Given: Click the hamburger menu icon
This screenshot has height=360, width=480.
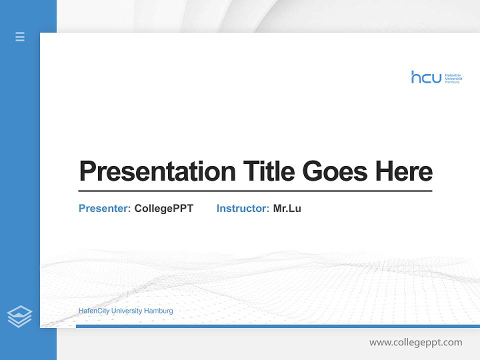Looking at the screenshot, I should tap(20, 36).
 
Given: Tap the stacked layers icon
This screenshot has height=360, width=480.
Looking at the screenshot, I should tap(19, 316).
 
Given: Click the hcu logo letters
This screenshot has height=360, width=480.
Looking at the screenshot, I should tap(426, 77).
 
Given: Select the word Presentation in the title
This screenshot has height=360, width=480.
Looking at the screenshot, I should tap(157, 171).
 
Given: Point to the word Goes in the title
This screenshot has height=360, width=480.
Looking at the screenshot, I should tap(335, 171).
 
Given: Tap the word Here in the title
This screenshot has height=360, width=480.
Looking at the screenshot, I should tap(404, 171).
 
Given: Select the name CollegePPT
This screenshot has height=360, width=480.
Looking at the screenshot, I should tap(163, 208).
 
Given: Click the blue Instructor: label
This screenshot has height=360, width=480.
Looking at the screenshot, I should tap(242, 208).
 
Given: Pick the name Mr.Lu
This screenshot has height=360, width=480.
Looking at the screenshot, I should tap(287, 208).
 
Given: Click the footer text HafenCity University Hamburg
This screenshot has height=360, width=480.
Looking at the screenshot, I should tap(125, 311).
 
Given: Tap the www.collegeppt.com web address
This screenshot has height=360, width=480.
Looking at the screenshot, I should tap(415, 342).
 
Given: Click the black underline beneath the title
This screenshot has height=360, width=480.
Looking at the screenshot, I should tap(255, 190).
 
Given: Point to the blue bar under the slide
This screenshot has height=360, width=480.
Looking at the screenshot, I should tap(277, 326).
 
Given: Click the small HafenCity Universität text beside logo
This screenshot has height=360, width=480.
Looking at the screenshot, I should tap(453, 78).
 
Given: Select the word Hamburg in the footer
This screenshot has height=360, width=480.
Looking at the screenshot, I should tap(158, 311).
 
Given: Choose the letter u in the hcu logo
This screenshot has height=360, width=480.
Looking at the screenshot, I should tap(436, 78).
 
